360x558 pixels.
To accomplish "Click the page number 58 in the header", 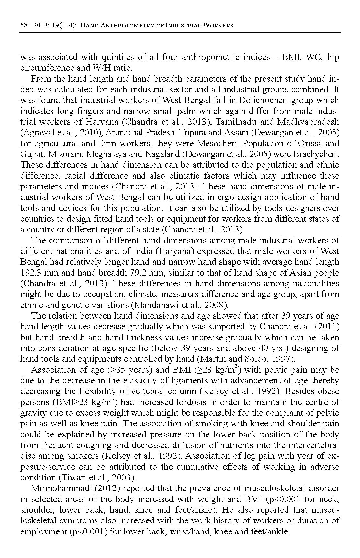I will [x=24, y=25].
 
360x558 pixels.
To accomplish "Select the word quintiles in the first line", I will [x=118, y=57].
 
